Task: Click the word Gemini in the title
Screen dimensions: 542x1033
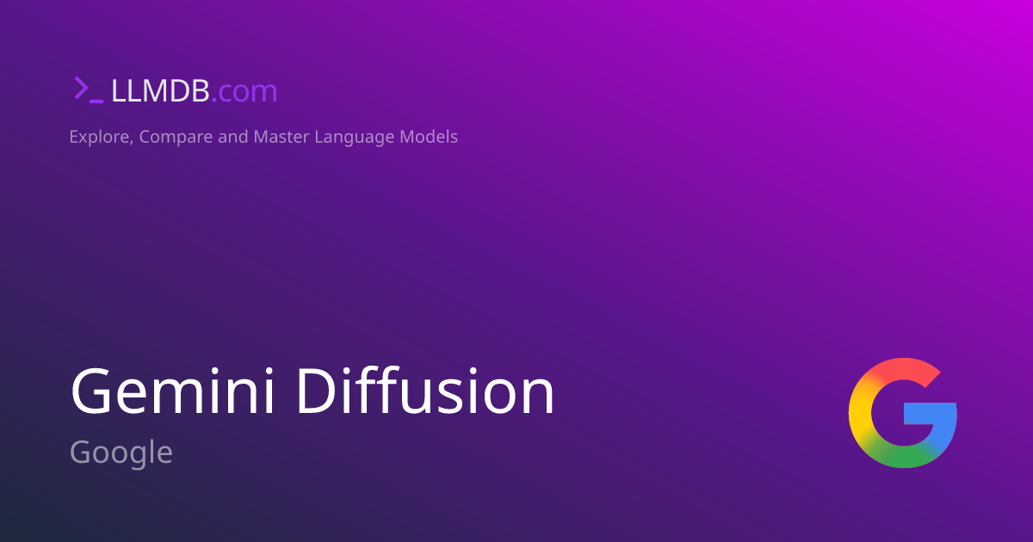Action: pos(176,391)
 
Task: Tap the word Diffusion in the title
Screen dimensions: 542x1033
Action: pos(426,391)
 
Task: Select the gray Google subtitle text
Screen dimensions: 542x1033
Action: pos(121,452)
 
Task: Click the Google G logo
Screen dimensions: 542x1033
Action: pos(902,413)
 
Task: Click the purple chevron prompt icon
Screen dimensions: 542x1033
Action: pos(82,89)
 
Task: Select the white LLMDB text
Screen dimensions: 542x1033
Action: pos(160,90)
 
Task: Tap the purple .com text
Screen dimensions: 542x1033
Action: pos(244,91)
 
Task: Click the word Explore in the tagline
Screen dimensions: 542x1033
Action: pos(99,136)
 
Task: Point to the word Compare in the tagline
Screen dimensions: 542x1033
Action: pos(175,137)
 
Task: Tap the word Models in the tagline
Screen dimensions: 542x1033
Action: pos(429,136)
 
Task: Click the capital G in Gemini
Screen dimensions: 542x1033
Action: pos(92,391)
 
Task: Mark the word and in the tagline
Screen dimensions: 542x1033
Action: pos(232,136)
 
